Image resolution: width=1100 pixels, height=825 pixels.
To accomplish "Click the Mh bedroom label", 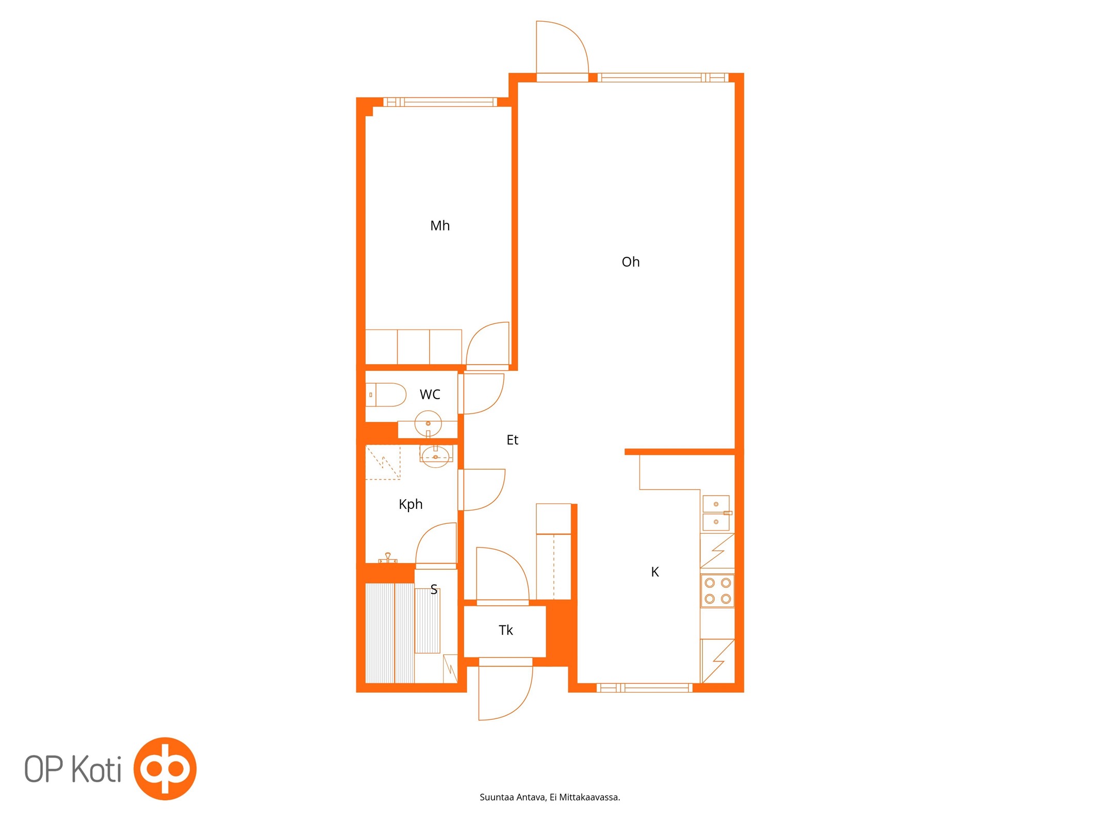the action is click(x=440, y=226).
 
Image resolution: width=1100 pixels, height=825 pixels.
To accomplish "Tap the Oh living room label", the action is click(x=630, y=262).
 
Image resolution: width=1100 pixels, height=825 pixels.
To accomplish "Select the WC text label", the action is click(x=430, y=394).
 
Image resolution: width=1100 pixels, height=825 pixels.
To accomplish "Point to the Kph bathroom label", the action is click(x=411, y=504).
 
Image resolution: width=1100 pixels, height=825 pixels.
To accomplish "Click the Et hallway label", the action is click(x=512, y=440).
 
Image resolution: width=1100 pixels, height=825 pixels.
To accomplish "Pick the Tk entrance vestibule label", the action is click(x=505, y=630).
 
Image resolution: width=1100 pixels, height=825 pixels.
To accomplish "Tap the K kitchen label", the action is click(x=655, y=572).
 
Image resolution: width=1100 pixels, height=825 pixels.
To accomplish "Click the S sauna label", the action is click(x=434, y=589).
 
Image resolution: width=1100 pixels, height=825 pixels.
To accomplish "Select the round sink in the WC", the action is click(x=428, y=423).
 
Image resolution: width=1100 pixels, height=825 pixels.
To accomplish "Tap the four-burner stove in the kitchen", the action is click(x=717, y=591).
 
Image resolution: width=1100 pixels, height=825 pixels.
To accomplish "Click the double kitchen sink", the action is click(x=717, y=513).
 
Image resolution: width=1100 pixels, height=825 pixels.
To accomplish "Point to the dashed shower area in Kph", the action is click(x=383, y=463).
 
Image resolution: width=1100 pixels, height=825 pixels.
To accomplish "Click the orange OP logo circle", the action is click(x=165, y=769).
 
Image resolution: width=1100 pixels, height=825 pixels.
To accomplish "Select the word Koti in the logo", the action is click(x=96, y=769).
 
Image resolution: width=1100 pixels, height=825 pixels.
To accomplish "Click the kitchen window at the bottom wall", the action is click(x=645, y=687).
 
